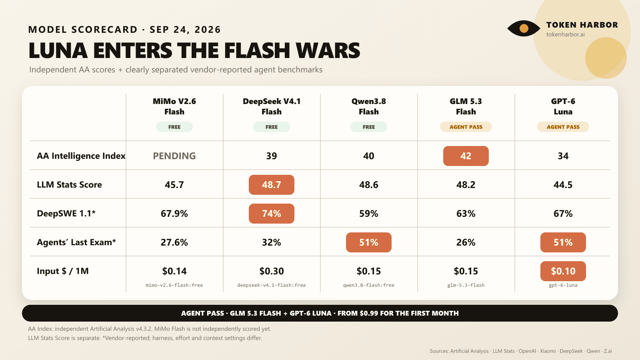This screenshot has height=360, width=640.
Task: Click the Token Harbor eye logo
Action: pos(524,28)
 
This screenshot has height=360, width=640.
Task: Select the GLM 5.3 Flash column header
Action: pos(466,106)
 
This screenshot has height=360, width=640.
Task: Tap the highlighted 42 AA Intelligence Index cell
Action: pos(466,156)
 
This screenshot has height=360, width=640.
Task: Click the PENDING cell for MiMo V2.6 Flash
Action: pos(174,156)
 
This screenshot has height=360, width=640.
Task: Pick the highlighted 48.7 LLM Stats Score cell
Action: pos(272,185)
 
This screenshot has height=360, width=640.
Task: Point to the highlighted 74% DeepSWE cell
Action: pos(272,214)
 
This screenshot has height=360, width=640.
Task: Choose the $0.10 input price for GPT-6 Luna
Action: pos(563,271)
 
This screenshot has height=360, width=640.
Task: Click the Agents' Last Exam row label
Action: pos(76,242)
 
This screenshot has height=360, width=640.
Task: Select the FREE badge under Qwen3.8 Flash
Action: pos(368,127)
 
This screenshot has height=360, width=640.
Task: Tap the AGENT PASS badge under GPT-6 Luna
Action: pos(563,127)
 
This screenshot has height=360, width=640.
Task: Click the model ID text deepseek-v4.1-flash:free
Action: pos(272,285)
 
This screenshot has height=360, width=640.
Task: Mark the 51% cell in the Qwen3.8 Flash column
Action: pos(368,242)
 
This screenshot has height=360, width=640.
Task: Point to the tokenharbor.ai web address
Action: pos(566,34)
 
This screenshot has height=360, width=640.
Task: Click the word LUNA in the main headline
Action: pos(58,50)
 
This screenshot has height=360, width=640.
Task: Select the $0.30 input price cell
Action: pos(272,271)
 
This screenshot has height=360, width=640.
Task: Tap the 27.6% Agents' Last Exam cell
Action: pos(174,242)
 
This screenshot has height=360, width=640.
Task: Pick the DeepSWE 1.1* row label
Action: pos(66,214)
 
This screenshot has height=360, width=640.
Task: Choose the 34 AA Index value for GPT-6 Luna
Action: pos(563,156)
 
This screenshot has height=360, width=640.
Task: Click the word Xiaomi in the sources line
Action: pos(548,351)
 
